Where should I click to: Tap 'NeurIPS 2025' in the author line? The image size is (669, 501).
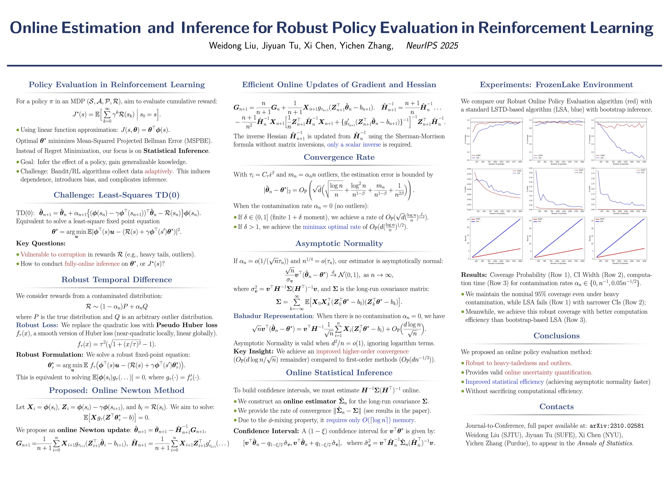tap(432, 46)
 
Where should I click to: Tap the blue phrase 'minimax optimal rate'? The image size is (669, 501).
tap(332, 227)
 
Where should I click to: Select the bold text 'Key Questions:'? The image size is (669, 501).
tap(41, 243)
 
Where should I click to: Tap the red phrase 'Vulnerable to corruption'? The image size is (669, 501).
tap(53, 254)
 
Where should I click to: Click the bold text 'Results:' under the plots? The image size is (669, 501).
tap(474, 275)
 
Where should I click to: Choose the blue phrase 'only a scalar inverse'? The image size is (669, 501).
tap(354, 145)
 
